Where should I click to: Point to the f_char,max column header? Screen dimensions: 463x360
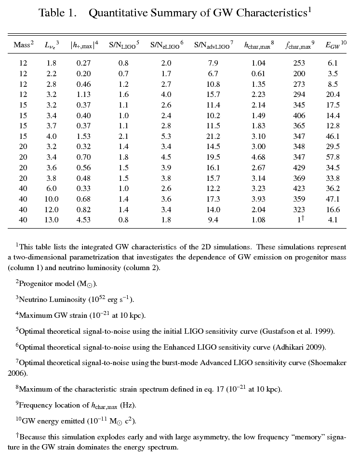pos(299,45)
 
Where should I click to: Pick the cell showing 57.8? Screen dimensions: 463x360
pos(333,157)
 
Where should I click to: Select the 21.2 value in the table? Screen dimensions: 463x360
pos(213,136)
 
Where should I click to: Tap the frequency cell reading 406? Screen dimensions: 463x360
pos(299,116)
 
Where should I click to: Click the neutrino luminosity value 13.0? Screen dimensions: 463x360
pos(52,220)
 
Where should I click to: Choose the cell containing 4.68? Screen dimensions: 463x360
pos(258,157)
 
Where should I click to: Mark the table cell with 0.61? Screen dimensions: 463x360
pos(258,74)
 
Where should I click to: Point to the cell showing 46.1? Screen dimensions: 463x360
pos(333,136)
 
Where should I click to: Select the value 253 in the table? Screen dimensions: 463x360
pos(299,63)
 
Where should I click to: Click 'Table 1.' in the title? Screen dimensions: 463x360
pos(57,13)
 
